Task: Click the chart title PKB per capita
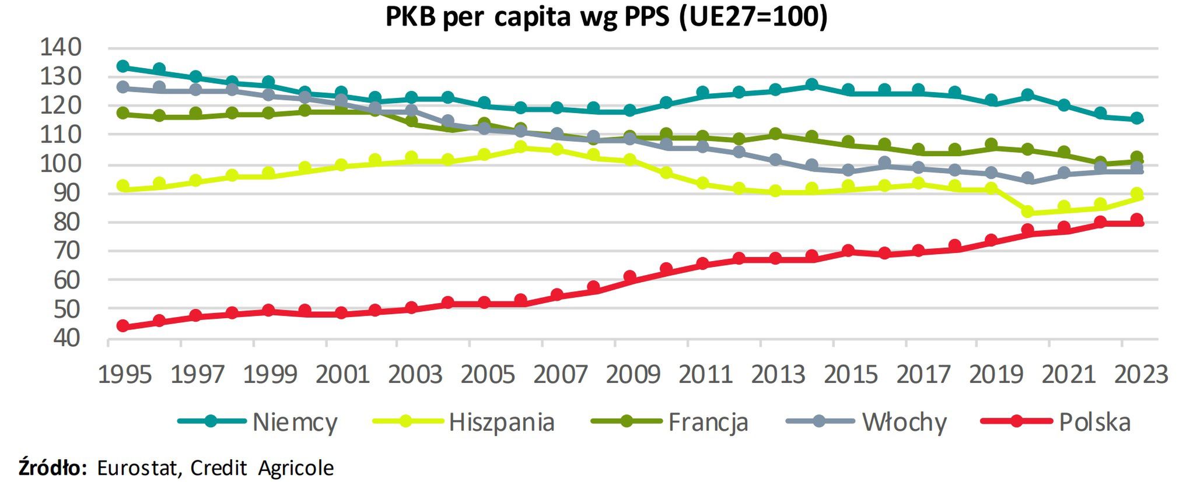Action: click(606, 17)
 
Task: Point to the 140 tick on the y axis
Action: click(60, 48)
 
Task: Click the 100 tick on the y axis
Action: click(60, 164)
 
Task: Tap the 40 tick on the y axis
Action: click(60, 338)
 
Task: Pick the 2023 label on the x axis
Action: click(1141, 374)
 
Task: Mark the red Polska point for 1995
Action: click(123, 326)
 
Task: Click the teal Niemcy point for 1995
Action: click(123, 66)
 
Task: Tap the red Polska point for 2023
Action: click(1136, 220)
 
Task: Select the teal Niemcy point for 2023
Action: click(1136, 118)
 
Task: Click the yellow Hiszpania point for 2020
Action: click(1027, 212)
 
